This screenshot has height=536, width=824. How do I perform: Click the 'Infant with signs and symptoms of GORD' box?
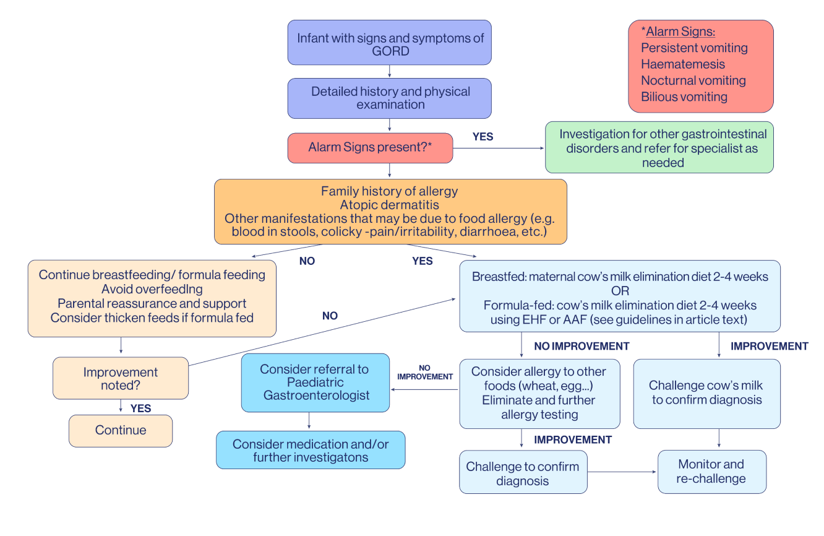(x=389, y=43)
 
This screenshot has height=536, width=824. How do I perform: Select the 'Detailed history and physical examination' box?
(x=389, y=98)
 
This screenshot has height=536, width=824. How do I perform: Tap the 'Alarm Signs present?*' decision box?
(x=370, y=148)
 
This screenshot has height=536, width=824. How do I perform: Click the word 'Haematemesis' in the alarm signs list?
(x=683, y=64)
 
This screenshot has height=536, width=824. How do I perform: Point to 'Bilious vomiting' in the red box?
(x=684, y=97)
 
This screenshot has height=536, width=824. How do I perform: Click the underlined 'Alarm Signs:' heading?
(x=680, y=32)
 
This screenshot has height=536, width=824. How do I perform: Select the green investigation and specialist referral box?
(x=659, y=147)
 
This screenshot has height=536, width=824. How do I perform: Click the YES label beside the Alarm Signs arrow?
(x=483, y=137)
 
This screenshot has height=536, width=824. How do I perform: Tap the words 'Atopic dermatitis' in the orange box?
(x=389, y=205)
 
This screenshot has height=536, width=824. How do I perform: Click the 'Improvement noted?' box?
(x=121, y=378)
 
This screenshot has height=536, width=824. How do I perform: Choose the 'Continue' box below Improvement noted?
(x=121, y=431)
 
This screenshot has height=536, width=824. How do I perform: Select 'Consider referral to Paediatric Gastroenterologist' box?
(x=315, y=383)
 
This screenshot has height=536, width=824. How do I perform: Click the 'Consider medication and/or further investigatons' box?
(x=311, y=450)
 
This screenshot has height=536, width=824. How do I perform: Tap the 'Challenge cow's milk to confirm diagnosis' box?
(x=706, y=394)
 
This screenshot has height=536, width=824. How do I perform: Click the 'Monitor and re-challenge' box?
(x=712, y=472)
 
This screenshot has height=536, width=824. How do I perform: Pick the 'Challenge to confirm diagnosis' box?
(x=523, y=472)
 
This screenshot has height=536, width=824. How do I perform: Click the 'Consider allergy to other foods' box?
(x=539, y=394)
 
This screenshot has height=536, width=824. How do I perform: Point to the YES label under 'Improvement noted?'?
(x=140, y=408)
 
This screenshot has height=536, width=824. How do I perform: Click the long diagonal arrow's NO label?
(x=330, y=316)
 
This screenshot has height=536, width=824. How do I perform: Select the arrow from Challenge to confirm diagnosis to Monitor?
(x=622, y=472)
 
